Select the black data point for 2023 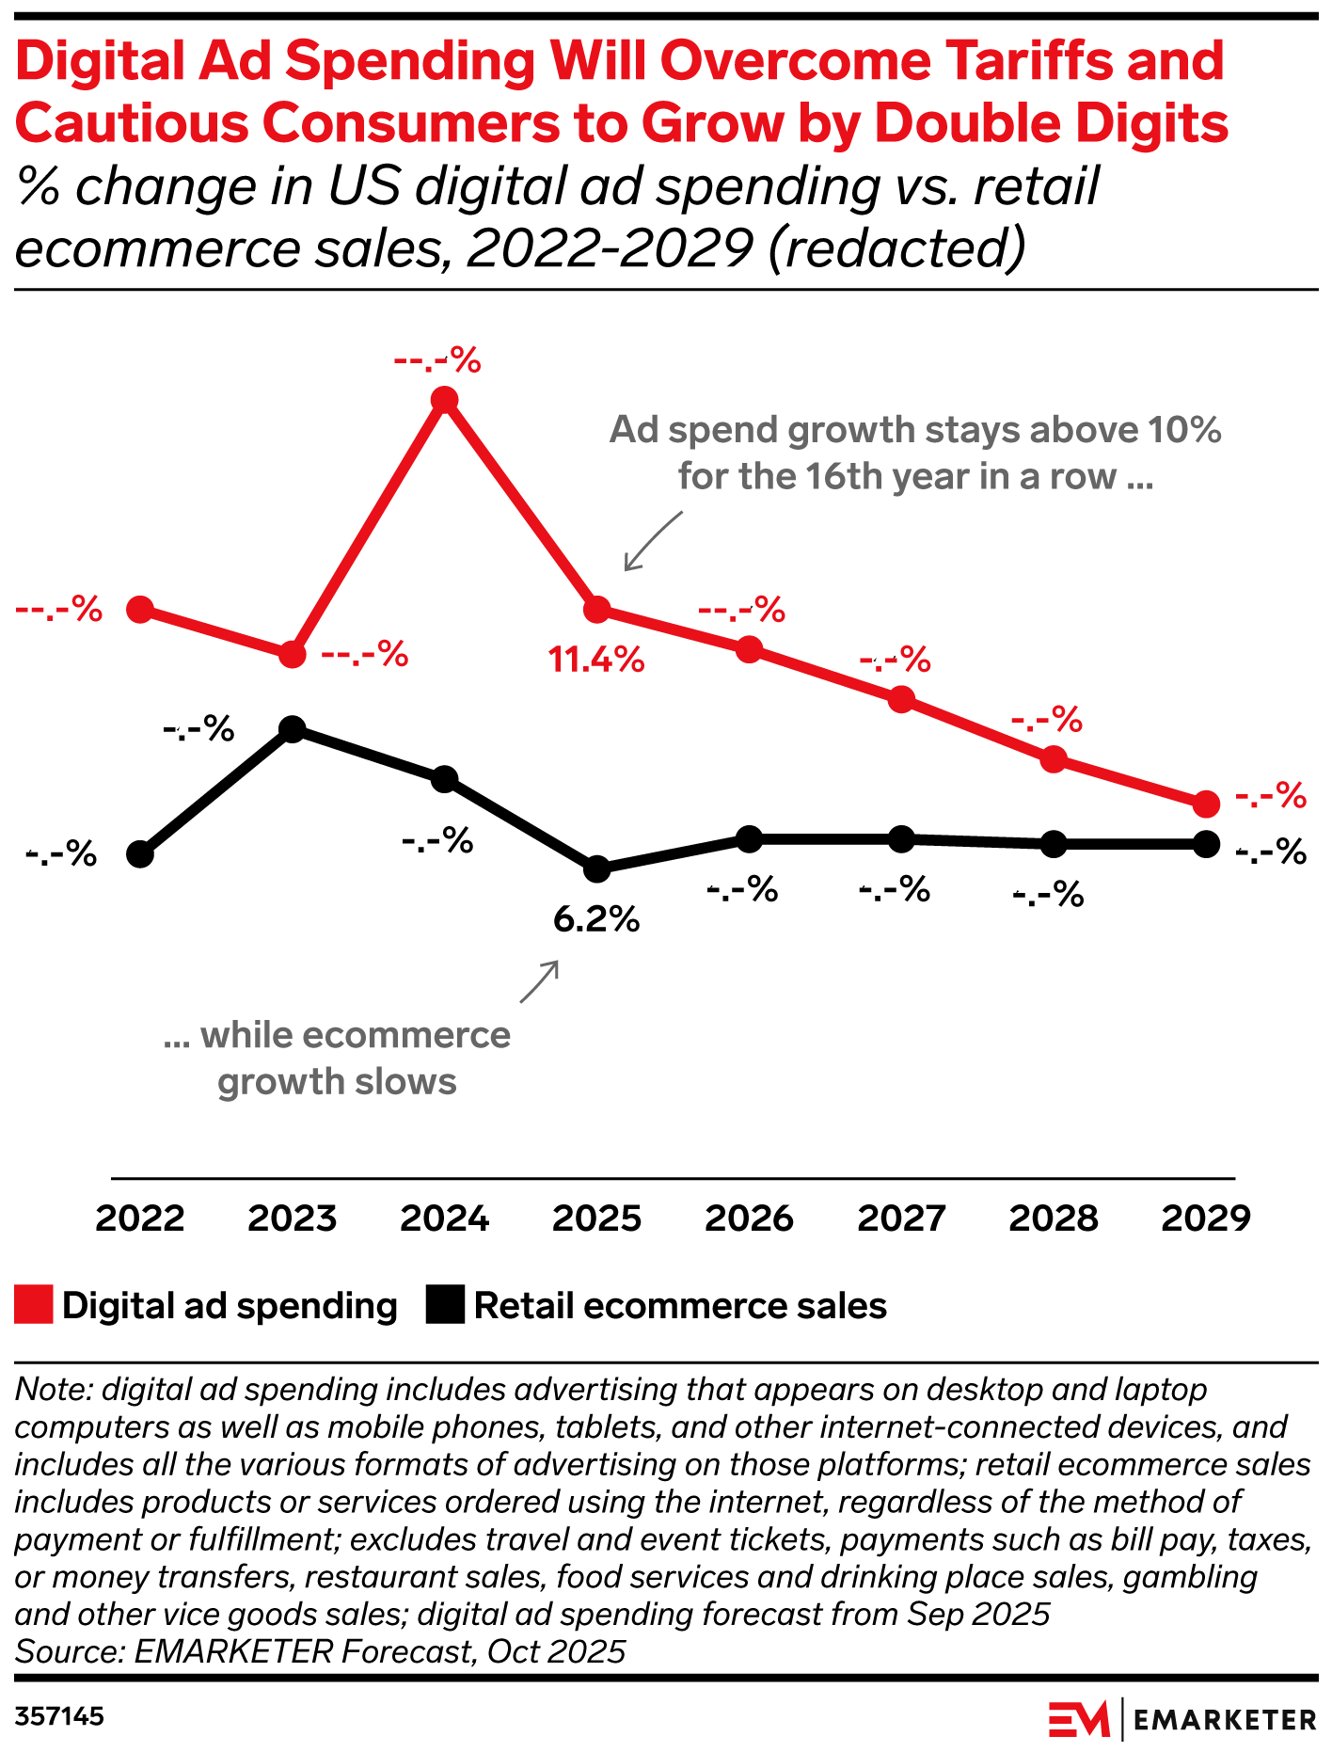click(293, 729)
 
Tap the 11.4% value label click(596, 661)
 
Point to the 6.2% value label click(596, 919)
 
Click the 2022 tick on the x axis click(140, 1218)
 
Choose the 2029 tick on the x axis click(1206, 1218)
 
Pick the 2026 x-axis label click(749, 1218)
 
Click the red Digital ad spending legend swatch click(34, 1306)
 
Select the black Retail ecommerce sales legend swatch click(445, 1306)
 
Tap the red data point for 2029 click(1206, 804)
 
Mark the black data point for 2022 click(140, 855)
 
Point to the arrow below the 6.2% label click(540, 981)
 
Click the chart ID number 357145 click(59, 1717)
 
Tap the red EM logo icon click(1079, 1719)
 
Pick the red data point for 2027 click(901, 699)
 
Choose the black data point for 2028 click(1054, 844)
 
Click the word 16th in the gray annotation click(846, 477)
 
